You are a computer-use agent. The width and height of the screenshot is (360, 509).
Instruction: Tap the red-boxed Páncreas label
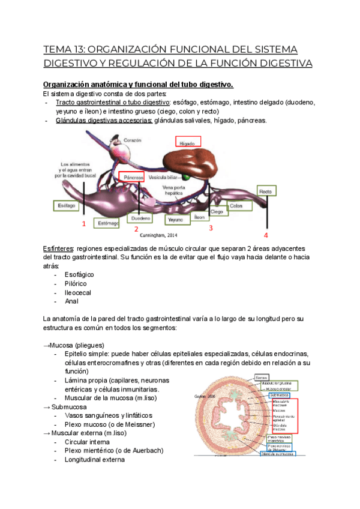[133, 178]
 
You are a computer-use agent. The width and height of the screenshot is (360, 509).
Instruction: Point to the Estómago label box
[109, 223]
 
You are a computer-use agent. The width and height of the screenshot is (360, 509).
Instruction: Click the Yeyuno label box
[176, 220]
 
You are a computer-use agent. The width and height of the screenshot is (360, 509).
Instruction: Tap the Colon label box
[236, 205]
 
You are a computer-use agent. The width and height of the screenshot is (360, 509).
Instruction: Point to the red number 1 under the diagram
[83, 224]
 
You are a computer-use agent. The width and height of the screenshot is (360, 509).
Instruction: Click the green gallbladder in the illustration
[188, 178]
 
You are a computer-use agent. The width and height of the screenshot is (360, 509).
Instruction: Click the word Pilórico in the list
[76, 283]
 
